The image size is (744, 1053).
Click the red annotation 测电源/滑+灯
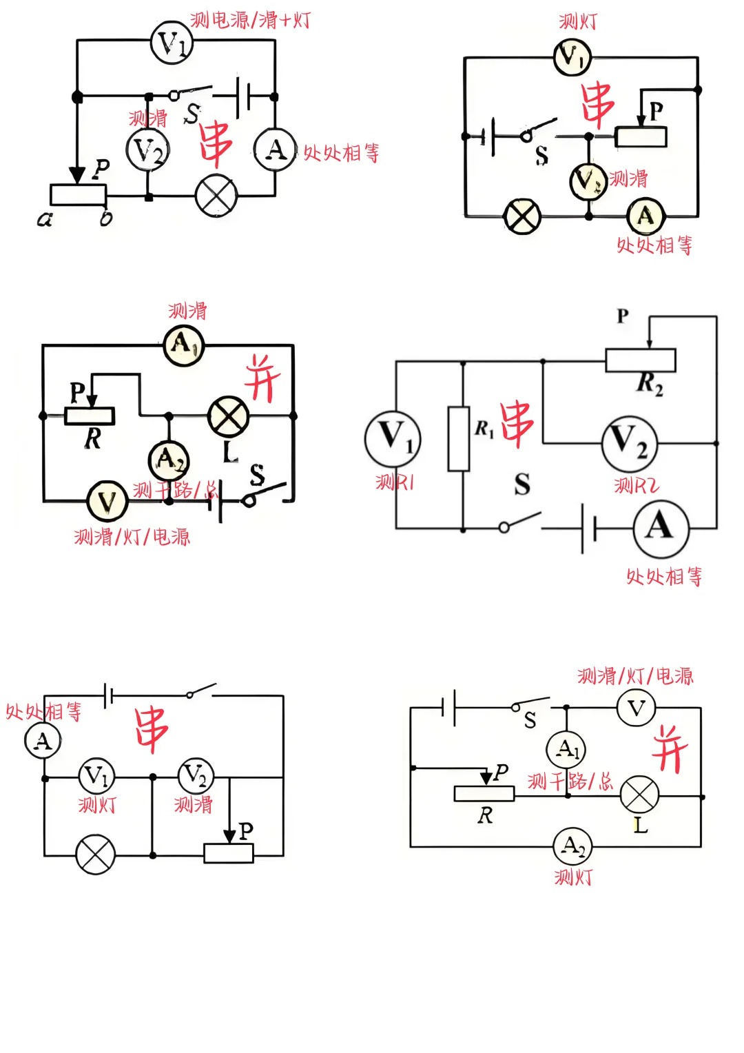[x=250, y=20]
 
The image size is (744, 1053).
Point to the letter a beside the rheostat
[x=45, y=219]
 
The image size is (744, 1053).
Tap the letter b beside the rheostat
[x=105, y=218]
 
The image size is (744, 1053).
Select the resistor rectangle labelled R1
[x=459, y=439]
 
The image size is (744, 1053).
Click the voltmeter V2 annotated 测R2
[x=629, y=442]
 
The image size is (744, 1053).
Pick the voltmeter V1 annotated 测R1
[x=393, y=438]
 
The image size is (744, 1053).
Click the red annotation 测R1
[x=395, y=482]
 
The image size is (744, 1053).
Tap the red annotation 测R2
[x=636, y=486]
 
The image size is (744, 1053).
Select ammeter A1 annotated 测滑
[x=184, y=344]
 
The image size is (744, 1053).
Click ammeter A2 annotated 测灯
[x=573, y=846]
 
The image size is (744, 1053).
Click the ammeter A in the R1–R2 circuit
[x=661, y=528]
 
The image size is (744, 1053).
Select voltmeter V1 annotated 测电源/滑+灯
[x=172, y=43]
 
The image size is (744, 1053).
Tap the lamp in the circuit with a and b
[x=216, y=196]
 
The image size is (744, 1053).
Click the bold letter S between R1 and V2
[x=522, y=484]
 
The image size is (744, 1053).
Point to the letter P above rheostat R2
[x=623, y=316]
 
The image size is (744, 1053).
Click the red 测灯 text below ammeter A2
[x=573, y=877]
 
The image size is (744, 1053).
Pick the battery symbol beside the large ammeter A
[x=588, y=529]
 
